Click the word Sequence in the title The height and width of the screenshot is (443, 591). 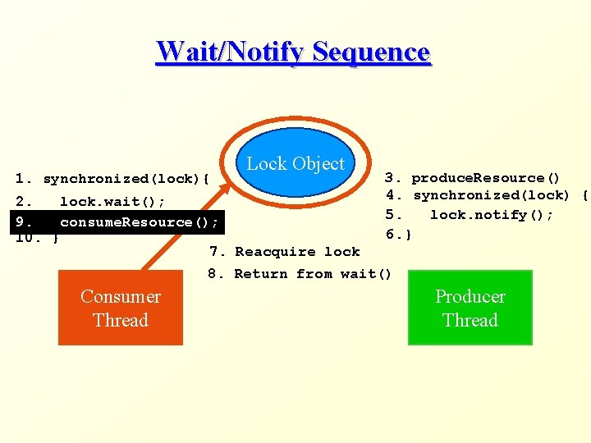[371, 52]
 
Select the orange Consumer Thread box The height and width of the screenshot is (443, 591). [121, 308]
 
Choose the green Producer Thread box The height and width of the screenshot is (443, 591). [470, 308]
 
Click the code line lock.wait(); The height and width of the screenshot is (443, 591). [112, 201]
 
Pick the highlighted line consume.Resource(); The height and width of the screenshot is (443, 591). [139, 222]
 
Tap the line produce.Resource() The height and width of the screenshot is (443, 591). [485, 178]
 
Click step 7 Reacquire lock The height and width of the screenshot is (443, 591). [297, 252]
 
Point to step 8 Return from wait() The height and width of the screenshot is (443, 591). [313, 274]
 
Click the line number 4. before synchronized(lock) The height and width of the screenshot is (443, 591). [395, 195]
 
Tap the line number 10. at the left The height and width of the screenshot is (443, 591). [25, 239]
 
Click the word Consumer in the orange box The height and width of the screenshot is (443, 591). [121, 297]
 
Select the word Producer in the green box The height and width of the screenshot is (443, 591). [470, 297]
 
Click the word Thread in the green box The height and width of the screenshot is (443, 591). [470, 320]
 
